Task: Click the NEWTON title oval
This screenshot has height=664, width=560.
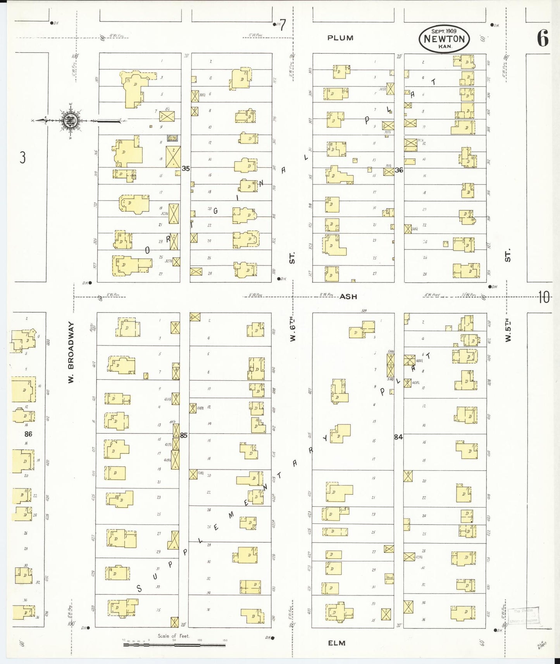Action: click(x=444, y=39)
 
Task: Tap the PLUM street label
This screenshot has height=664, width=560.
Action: click(x=340, y=38)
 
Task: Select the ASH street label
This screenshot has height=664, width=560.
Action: click(x=348, y=296)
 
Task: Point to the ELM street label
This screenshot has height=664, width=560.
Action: click(x=336, y=643)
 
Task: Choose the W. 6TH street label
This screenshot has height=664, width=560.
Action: click(x=293, y=329)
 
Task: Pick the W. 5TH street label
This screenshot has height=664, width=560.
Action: click(x=508, y=330)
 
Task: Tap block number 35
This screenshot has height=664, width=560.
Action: click(x=186, y=169)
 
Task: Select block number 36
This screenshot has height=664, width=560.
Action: click(x=399, y=170)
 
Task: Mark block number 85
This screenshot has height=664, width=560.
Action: click(x=183, y=435)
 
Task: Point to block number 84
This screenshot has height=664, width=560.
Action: click(x=398, y=437)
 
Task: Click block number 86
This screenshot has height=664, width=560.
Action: click(x=28, y=434)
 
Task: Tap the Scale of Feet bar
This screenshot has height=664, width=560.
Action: click(x=174, y=645)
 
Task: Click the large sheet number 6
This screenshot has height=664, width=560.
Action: click(x=543, y=38)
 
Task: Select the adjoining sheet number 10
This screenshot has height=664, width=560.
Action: click(x=544, y=297)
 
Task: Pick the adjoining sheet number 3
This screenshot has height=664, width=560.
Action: click(x=23, y=158)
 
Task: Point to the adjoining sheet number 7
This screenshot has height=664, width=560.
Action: click(x=283, y=25)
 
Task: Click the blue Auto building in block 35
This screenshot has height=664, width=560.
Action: click(x=172, y=138)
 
